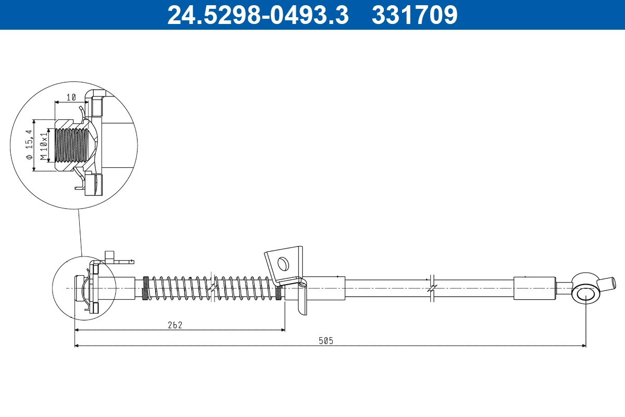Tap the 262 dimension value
(x=175, y=325)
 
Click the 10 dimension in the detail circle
(x=71, y=97)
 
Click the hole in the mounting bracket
(x=283, y=264)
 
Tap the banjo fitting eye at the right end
(x=585, y=293)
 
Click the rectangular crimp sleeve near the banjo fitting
(x=534, y=288)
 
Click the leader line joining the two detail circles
(x=80, y=232)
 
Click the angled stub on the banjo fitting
(x=607, y=284)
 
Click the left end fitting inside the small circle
(x=86, y=288)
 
